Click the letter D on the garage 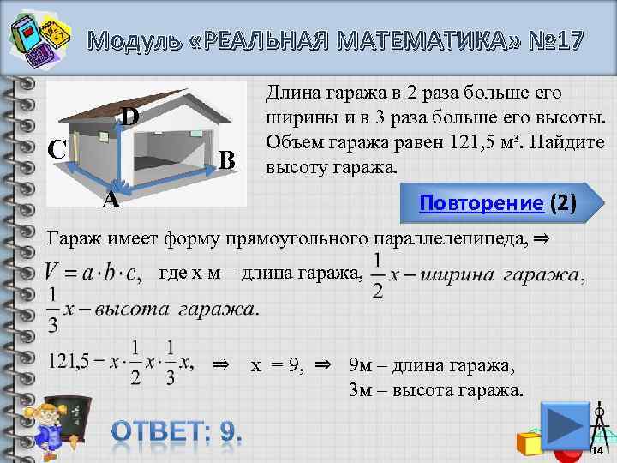(x=129, y=115)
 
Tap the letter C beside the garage (x=57, y=149)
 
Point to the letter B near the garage (x=226, y=160)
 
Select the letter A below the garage (x=110, y=201)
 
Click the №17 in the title (x=549, y=39)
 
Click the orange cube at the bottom (x=529, y=442)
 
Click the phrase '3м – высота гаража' (x=434, y=390)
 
